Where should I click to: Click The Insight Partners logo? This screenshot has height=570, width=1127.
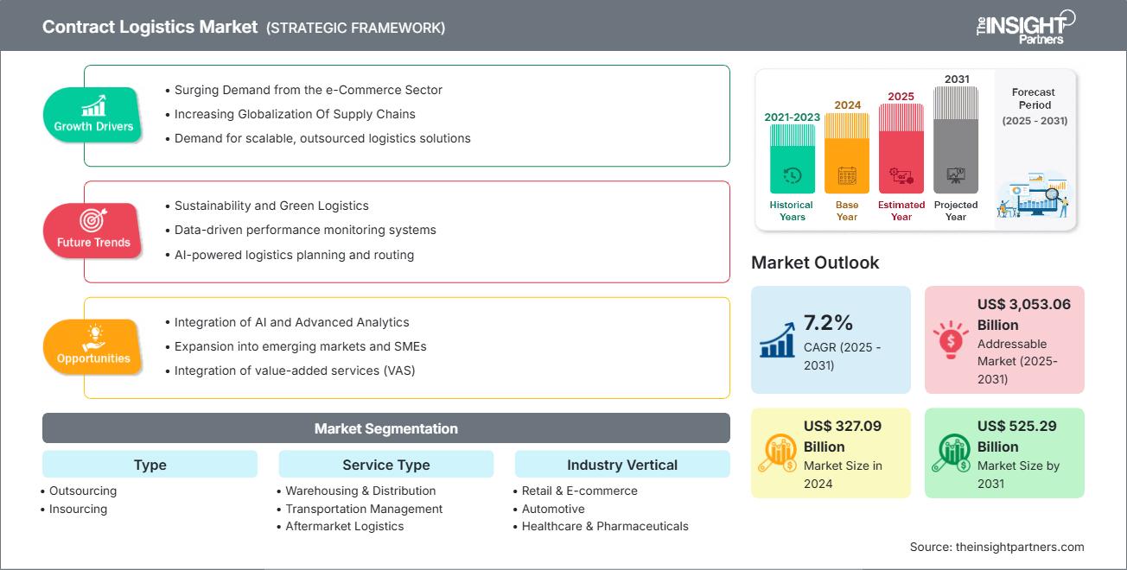point(1025,26)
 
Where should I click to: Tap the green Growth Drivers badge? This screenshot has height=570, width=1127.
point(93,115)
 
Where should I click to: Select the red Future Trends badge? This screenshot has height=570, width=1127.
point(93,231)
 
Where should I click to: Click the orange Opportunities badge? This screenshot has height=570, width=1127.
point(93,347)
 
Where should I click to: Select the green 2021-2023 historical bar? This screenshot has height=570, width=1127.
point(792,159)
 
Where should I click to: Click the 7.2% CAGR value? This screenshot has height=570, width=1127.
point(828,323)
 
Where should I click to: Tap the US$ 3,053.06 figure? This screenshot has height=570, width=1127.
point(1023,304)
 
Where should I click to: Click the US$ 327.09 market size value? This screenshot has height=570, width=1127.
point(843,426)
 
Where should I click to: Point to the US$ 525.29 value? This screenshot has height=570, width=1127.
point(1016,426)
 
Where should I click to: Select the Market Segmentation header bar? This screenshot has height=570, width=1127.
point(385,428)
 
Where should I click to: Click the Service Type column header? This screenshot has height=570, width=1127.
point(385,465)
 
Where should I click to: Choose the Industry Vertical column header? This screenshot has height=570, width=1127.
point(622,465)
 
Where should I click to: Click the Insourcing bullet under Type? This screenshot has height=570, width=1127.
point(78,509)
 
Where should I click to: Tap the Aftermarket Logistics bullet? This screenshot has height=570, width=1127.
point(344,526)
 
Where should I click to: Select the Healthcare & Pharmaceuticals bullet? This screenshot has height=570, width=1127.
point(605,526)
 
